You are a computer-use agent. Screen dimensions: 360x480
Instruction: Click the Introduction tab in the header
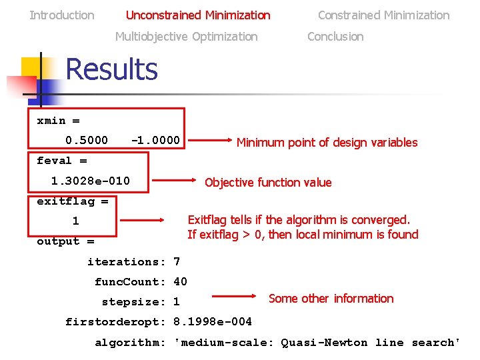(62, 15)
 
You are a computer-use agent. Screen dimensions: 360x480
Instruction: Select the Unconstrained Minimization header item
(198, 15)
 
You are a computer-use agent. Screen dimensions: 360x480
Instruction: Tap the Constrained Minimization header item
(383, 15)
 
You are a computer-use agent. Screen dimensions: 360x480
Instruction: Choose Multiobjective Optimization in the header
(186, 36)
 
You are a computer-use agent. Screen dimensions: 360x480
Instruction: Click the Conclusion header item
(335, 36)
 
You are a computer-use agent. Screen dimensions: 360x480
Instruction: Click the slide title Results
(111, 69)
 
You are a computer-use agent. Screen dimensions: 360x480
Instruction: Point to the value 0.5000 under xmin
(86, 141)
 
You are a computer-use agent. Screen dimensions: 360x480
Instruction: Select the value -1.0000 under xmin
(155, 141)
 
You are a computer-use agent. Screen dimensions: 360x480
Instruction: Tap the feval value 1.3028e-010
(91, 181)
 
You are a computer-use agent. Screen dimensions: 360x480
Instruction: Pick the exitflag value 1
(75, 221)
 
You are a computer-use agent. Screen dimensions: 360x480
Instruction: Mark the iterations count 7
(177, 261)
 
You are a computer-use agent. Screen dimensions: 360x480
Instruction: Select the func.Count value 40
(180, 281)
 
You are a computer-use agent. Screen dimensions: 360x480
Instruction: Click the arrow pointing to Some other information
(233, 296)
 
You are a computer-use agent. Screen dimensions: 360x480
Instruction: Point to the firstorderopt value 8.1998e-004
(213, 322)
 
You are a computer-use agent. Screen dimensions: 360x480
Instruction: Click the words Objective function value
(268, 182)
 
